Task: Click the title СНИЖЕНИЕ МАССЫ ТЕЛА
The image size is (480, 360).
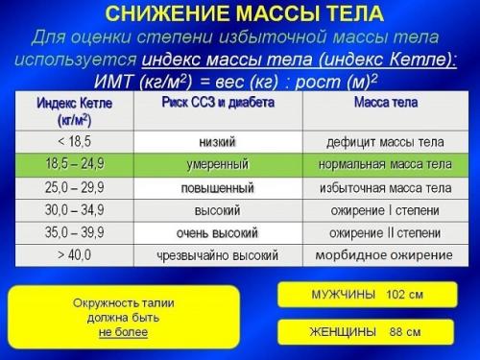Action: click(244, 13)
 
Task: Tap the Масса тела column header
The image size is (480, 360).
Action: click(385, 103)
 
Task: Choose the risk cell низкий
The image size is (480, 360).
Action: click(217, 141)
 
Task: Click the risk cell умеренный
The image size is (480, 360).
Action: click(217, 164)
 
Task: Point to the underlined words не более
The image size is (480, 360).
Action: click(124, 333)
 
